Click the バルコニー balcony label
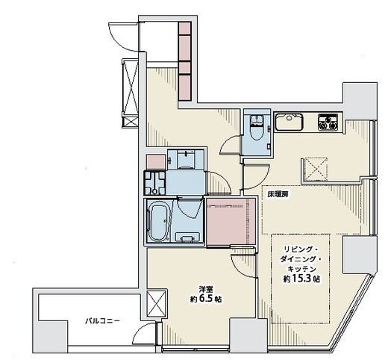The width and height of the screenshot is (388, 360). (x=102, y=321)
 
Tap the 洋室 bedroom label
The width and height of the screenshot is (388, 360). (x=205, y=289)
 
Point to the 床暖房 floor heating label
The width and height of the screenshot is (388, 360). (x=278, y=195)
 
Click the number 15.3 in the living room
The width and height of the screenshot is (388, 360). (x=301, y=279)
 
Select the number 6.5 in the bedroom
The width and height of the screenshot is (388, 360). (x=205, y=299)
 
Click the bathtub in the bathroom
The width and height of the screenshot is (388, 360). (x=158, y=222)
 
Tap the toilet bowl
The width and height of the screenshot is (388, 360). (x=256, y=127)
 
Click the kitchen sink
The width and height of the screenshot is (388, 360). (x=289, y=122)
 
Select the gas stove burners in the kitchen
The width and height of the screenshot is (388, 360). (x=328, y=122)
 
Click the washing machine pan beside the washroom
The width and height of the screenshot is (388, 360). (x=154, y=183)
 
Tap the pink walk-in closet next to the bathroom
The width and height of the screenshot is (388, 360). (x=231, y=222)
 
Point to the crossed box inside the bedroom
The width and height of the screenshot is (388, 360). (x=156, y=304)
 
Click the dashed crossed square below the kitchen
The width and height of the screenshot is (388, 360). (x=316, y=170)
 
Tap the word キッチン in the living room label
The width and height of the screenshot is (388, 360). (x=301, y=269)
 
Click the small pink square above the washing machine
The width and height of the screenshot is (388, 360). (x=156, y=162)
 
